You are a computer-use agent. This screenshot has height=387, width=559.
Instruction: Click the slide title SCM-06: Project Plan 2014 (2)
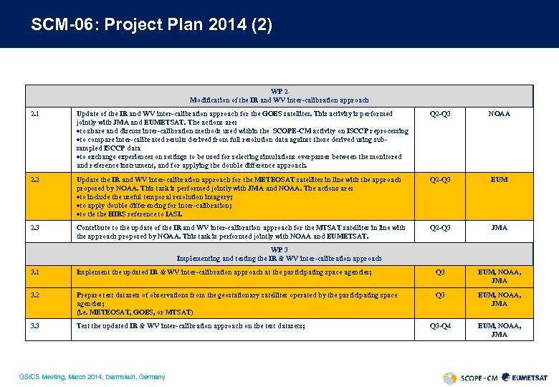tap(151, 25)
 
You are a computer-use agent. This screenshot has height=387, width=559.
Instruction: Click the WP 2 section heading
tap(279, 96)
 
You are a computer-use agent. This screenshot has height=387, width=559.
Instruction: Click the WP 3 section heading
tap(279, 254)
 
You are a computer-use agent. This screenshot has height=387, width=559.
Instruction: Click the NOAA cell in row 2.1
tap(499, 113)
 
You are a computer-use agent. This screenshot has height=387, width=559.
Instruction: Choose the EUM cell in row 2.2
tap(499, 179)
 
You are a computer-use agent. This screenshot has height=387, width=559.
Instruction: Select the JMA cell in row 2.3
tap(499, 228)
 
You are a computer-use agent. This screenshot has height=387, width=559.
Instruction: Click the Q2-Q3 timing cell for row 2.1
tap(440, 113)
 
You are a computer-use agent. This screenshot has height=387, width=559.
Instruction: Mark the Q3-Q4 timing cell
tap(440, 326)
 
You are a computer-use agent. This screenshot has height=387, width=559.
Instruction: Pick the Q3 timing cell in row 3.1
tap(440, 272)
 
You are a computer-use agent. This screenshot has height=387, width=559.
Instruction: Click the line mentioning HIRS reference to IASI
tap(129, 214)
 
